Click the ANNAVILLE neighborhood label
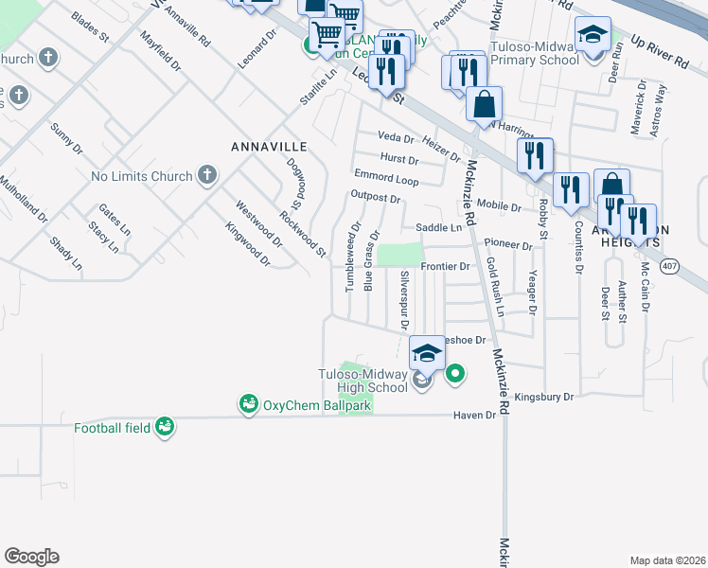270,147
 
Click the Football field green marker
166,428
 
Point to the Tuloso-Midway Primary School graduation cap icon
593,37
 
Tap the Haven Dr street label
474,415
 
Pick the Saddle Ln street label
439,228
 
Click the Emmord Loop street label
385,177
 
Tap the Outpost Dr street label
376,198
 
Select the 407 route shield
669,267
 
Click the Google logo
31,557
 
